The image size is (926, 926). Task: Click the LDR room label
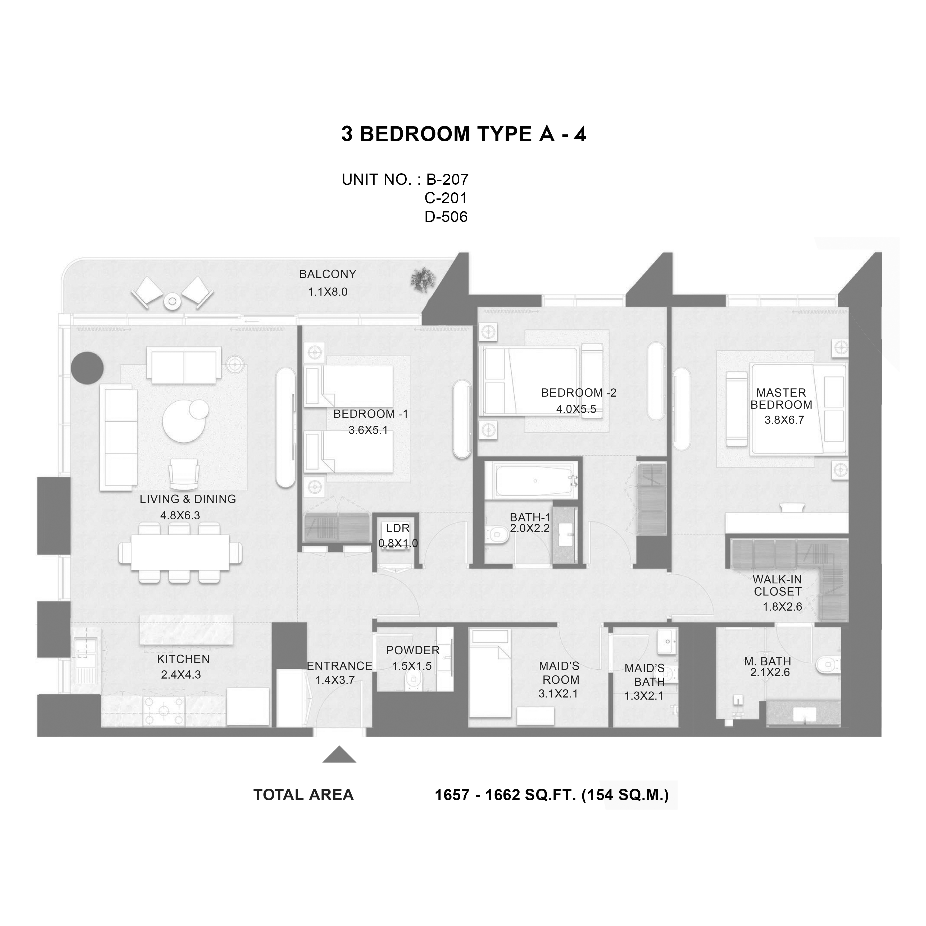click(x=398, y=528)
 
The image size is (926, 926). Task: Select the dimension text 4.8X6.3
click(x=180, y=515)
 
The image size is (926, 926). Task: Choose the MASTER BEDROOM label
click(x=781, y=398)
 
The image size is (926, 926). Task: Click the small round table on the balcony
click(x=172, y=301)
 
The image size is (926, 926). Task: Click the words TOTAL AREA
click(x=303, y=795)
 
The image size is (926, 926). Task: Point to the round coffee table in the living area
click(x=184, y=419)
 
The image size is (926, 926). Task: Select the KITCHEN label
click(x=183, y=659)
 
